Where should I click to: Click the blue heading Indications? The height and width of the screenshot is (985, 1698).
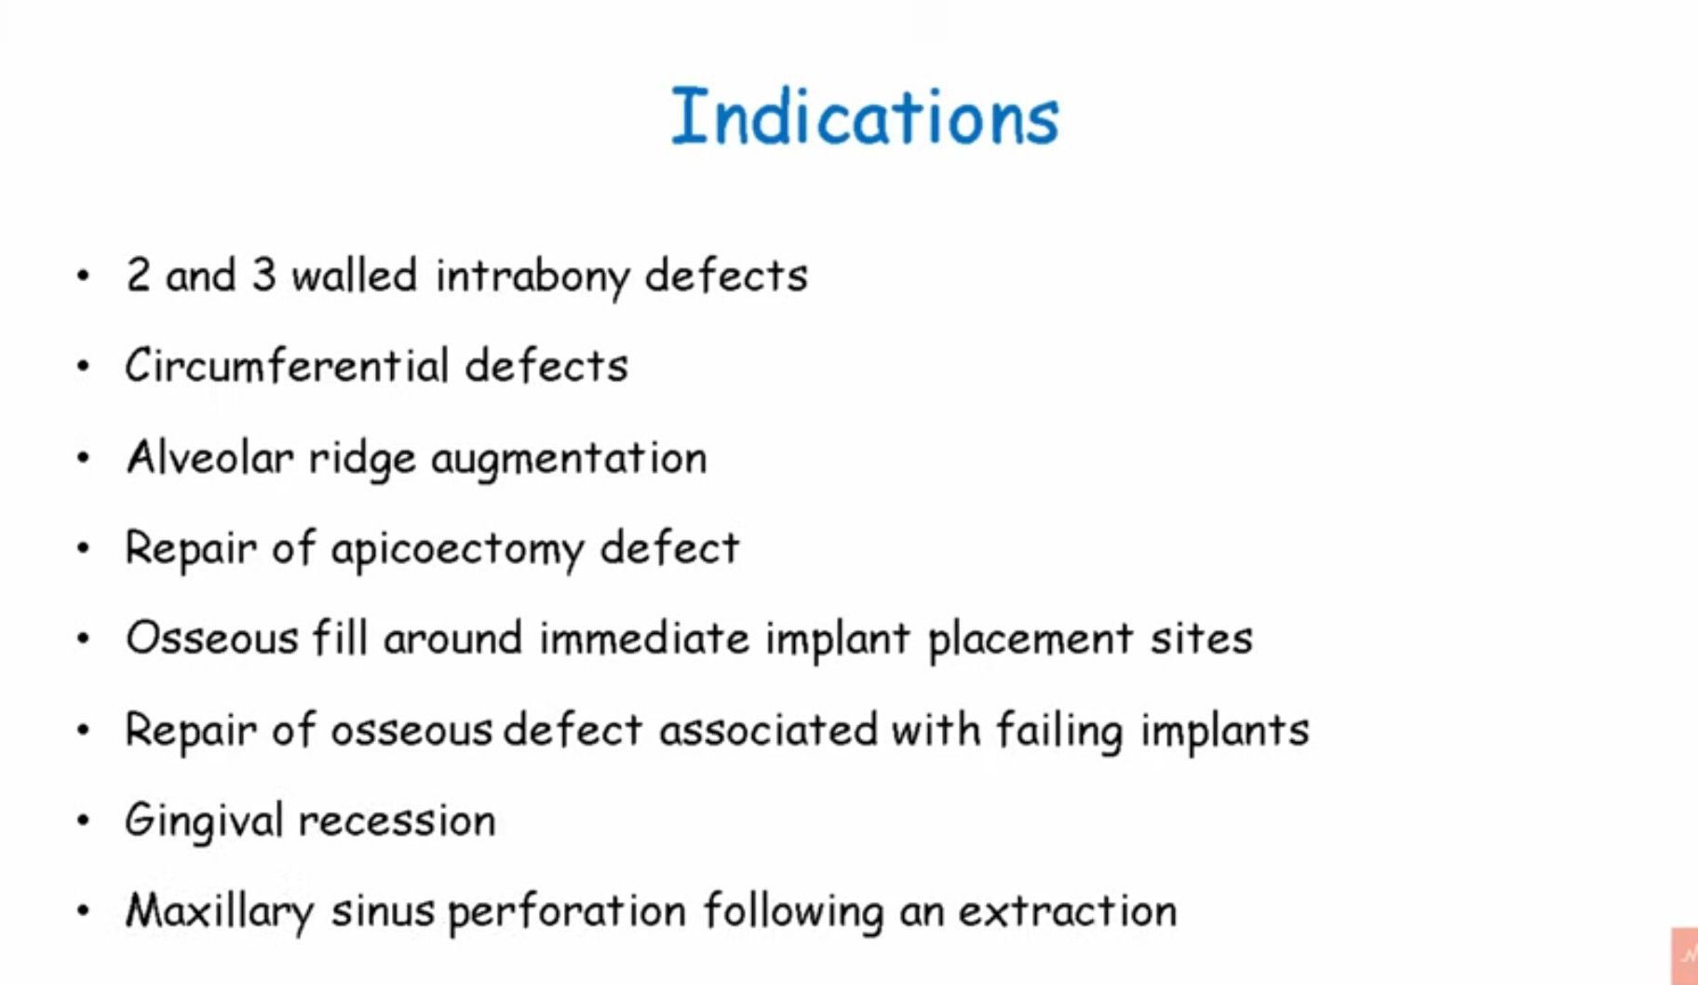(x=865, y=116)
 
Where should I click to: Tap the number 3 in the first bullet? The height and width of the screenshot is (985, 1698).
(x=263, y=275)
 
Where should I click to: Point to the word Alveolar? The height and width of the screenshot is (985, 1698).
(x=210, y=457)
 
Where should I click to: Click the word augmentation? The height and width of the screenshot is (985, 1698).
(x=569, y=459)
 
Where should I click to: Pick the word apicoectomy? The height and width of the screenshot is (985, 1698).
(x=457, y=549)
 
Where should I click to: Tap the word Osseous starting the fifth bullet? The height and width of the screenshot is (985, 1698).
(x=211, y=639)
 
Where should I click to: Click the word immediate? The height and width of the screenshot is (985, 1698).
(x=644, y=639)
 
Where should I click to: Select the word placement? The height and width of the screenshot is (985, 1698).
(x=1031, y=641)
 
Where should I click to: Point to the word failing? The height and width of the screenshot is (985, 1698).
(x=1059, y=731)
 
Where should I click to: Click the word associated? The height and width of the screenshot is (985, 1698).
(x=768, y=730)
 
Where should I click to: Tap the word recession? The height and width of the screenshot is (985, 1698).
(x=398, y=821)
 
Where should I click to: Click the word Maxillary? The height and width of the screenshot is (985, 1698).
(x=220, y=912)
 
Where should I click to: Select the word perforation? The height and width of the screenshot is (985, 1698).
(x=567, y=912)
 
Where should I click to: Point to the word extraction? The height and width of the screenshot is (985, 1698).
(x=1068, y=911)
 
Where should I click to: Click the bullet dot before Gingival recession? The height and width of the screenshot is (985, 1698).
(x=84, y=820)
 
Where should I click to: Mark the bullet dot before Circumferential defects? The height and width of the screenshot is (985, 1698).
(x=84, y=366)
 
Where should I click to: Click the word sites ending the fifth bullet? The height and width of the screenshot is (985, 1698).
(x=1202, y=639)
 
